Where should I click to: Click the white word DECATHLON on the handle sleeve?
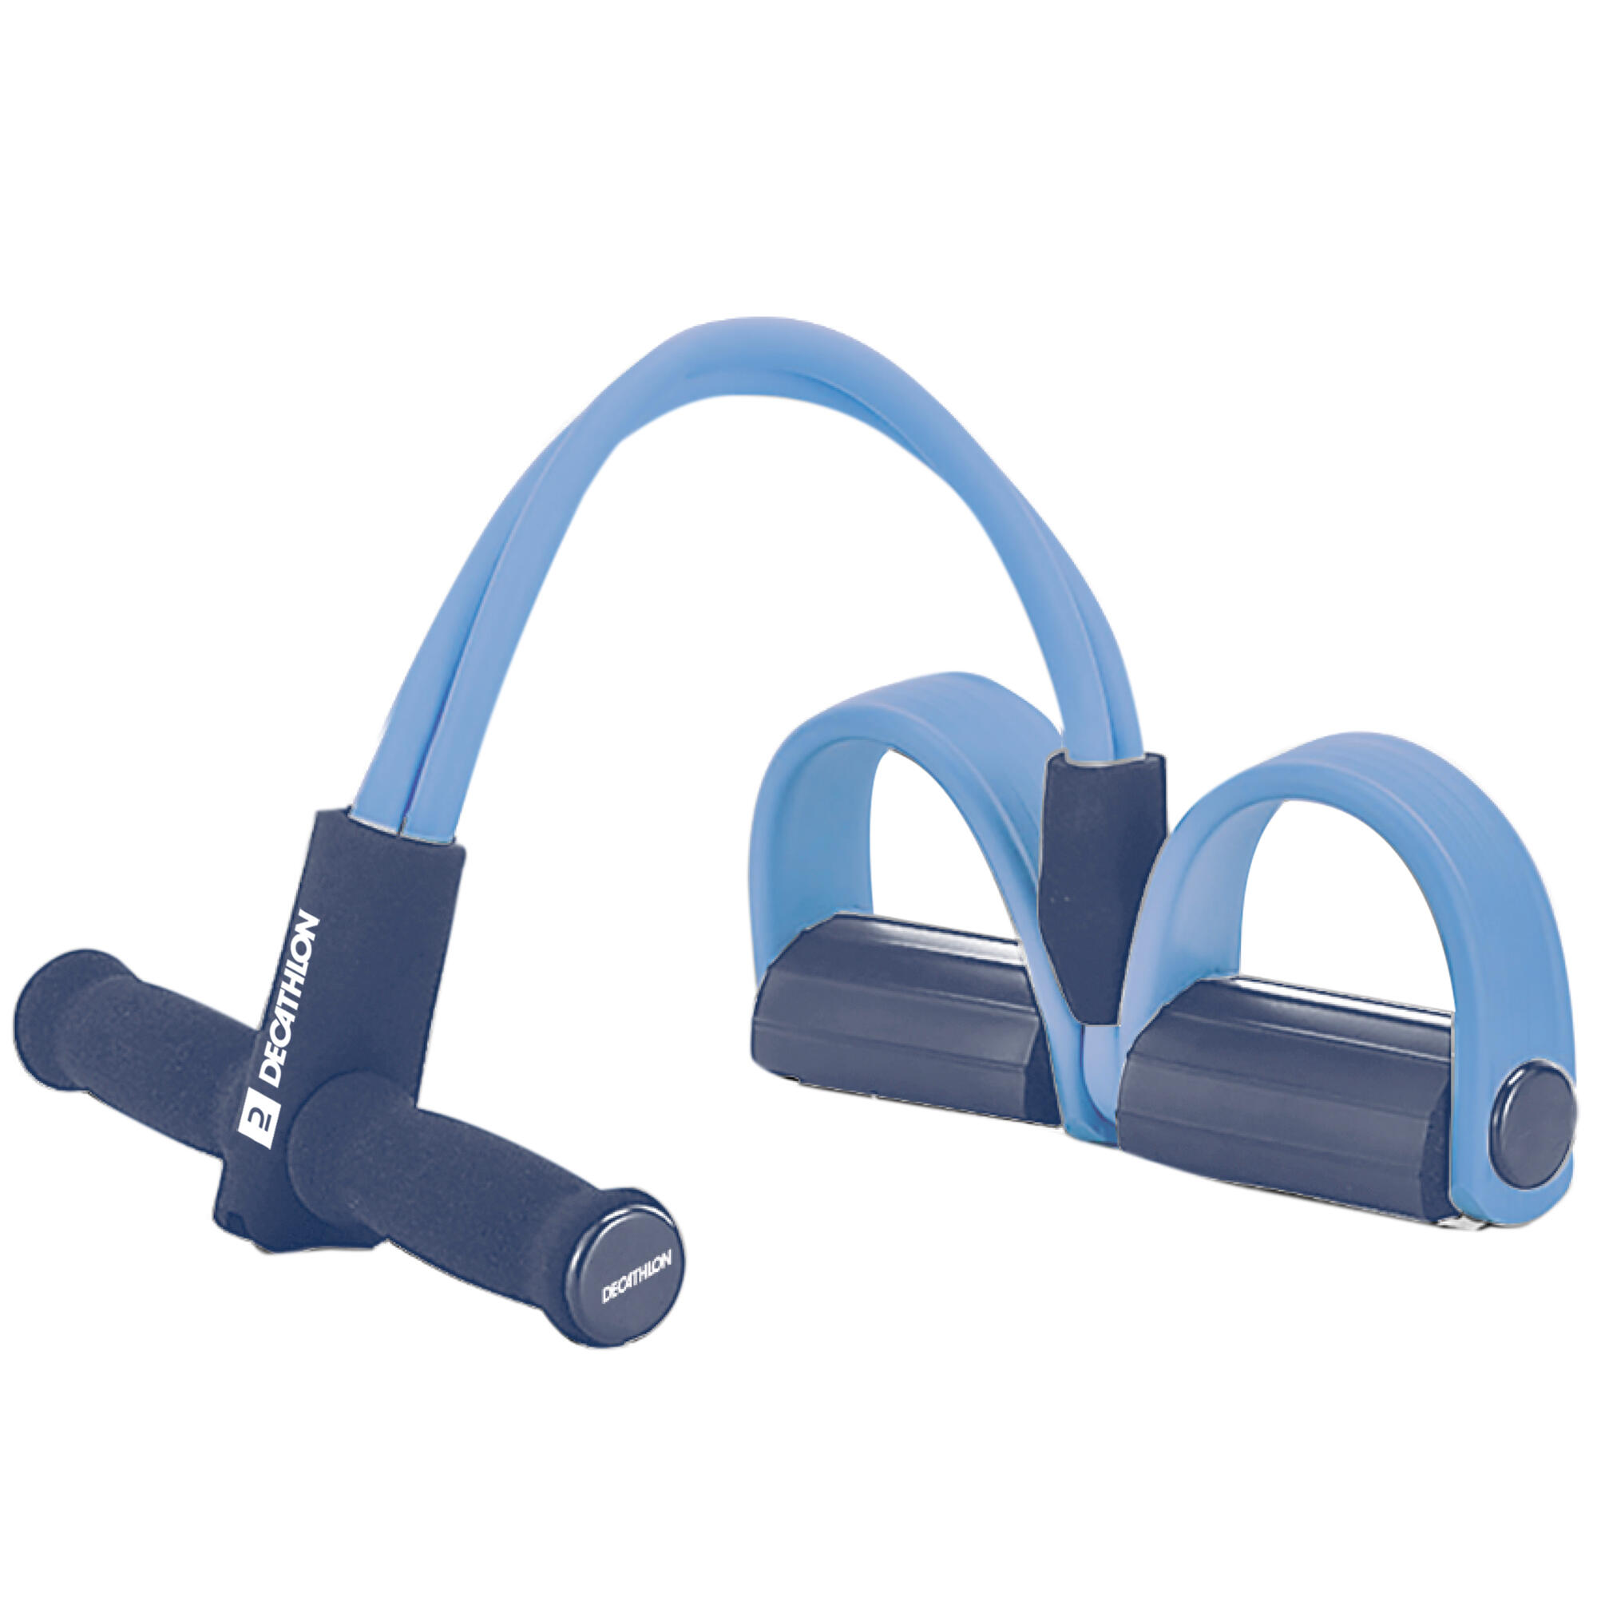point(289,997)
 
